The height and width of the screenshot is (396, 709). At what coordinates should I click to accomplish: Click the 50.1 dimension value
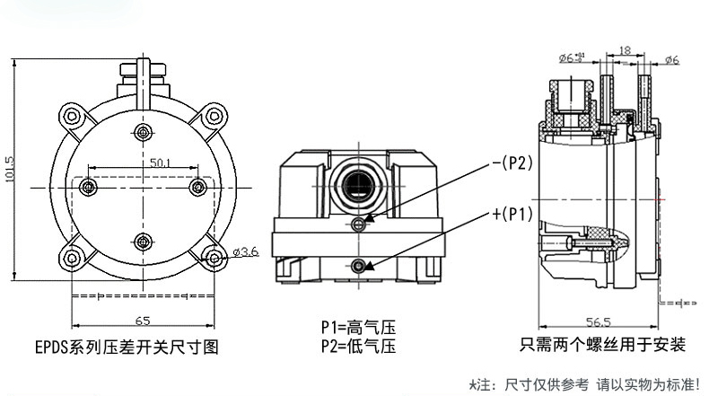click(x=162, y=163)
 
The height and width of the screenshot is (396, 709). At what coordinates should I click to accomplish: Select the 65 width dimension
click(x=143, y=321)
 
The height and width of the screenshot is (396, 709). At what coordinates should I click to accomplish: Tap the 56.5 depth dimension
click(x=599, y=321)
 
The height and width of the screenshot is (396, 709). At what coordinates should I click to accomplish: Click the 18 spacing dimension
click(x=626, y=51)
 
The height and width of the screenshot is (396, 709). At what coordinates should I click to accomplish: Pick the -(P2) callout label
click(x=512, y=163)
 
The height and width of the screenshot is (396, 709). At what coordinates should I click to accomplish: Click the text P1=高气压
click(x=358, y=329)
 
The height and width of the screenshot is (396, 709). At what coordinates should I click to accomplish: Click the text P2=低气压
click(x=358, y=346)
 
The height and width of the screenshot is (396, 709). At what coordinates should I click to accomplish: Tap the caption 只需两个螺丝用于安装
click(x=602, y=345)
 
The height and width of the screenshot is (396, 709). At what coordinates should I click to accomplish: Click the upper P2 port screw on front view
click(x=360, y=224)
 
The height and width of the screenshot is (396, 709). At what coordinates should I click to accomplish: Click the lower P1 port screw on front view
click(x=360, y=266)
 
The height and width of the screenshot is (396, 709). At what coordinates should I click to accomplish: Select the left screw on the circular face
click(x=87, y=186)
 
